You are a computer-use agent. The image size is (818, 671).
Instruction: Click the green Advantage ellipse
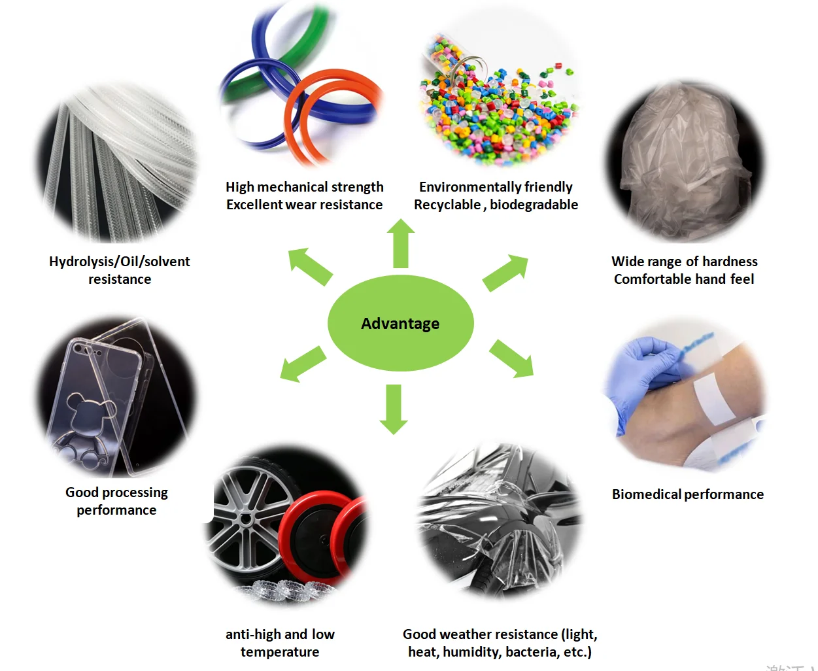[x=400, y=323]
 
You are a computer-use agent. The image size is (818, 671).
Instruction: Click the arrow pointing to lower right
[x=512, y=358]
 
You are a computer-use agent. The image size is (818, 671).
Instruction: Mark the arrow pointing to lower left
[x=302, y=364]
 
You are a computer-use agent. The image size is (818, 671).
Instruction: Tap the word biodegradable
[x=534, y=205]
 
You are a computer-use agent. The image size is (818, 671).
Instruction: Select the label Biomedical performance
[x=687, y=494]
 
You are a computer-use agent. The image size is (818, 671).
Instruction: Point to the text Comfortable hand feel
[x=684, y=279]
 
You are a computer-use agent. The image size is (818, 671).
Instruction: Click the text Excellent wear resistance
[x=304, y=205]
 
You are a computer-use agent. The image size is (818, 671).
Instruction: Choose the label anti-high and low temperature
[x=280, y=643]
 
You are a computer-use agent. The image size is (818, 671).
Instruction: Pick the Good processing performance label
[x=116, y=501]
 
